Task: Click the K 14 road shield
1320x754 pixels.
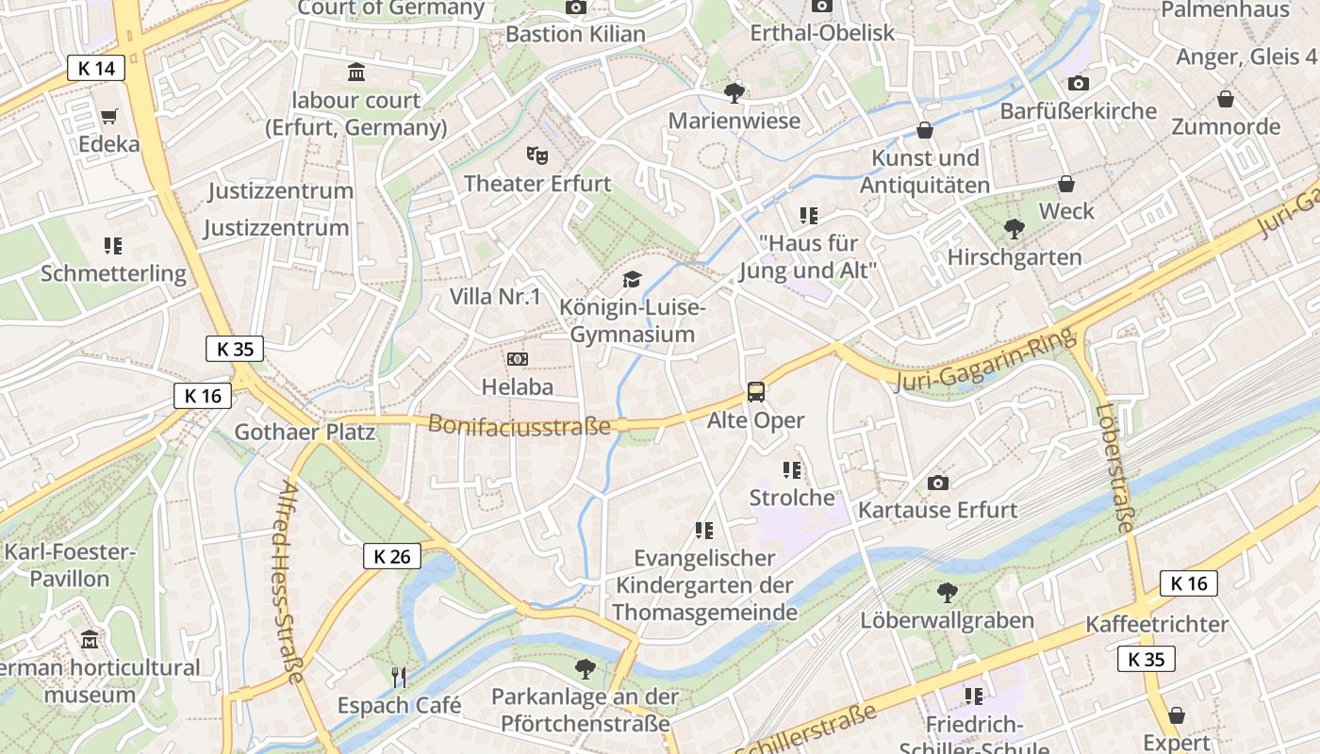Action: point(96,68)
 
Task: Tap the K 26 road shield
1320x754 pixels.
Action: point(392,556)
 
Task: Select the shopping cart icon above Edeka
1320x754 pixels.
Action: point(109,117)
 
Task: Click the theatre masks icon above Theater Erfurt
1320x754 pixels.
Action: point(536,154)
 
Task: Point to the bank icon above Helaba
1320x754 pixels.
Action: point(517,359)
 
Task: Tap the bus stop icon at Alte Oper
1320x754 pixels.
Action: point(755,391)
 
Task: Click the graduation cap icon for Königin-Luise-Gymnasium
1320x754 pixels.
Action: point(631,279)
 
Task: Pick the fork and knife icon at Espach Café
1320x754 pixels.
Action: point(399,676)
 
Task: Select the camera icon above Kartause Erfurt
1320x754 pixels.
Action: point(937,483)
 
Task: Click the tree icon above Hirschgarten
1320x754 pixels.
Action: point(1014,228)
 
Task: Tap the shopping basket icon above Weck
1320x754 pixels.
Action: point(1066,183)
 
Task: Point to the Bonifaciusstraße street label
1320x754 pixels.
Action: point(520,425)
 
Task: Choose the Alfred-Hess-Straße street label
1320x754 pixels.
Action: point(291,582)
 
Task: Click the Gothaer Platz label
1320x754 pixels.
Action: point(305,433)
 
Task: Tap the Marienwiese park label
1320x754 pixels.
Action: point(734,121)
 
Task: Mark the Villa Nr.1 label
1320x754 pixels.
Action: point(495,297)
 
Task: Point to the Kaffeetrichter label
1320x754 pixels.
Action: point(1157,624)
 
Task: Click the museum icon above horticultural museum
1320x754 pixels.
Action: point(90,640)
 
